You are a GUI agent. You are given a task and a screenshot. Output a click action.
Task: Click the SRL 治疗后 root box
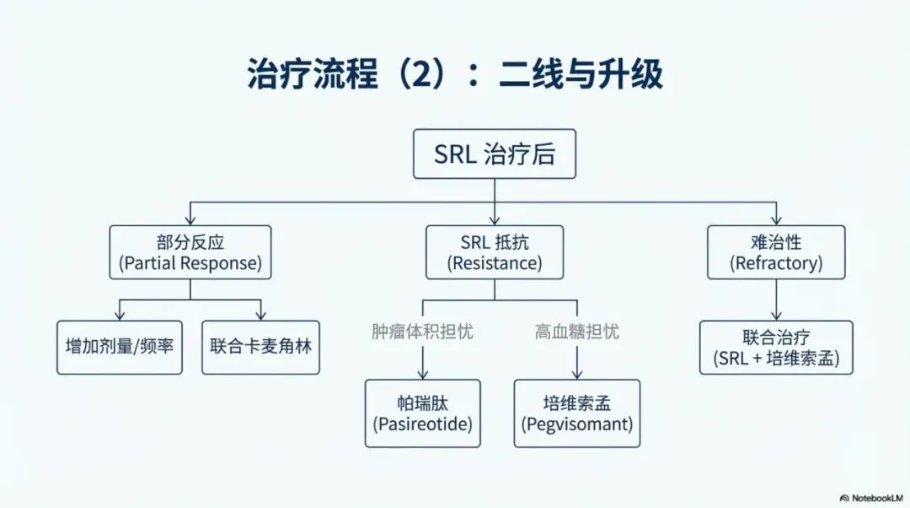click(494, 154)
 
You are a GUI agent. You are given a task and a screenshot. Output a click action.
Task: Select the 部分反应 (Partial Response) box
click(190, 251)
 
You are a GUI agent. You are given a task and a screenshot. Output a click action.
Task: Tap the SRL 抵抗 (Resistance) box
click(494, 251)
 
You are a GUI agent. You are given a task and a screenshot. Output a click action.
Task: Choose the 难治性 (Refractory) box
click(775, 251)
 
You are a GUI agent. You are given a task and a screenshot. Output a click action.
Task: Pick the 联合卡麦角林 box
click(260, 347)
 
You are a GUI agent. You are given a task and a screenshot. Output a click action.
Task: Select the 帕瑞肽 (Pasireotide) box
click(422, 413)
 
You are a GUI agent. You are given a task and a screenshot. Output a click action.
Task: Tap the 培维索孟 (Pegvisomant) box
click(576, 413)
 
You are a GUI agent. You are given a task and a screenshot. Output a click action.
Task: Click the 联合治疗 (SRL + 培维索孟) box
click(776, 347)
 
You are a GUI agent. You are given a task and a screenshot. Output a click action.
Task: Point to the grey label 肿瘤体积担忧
click(422, 332)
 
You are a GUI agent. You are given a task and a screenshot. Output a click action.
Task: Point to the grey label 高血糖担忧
click(576, 332)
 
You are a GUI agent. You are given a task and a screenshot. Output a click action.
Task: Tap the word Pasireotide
click(422, 424)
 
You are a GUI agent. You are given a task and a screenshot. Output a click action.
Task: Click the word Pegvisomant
click(576, 424)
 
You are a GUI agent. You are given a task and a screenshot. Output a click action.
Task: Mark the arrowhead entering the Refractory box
click(775, 219)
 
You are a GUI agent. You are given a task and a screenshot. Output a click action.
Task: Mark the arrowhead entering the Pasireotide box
click(422, 374)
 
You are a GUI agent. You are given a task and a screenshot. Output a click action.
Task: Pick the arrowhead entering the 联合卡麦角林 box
click(260, 315)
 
